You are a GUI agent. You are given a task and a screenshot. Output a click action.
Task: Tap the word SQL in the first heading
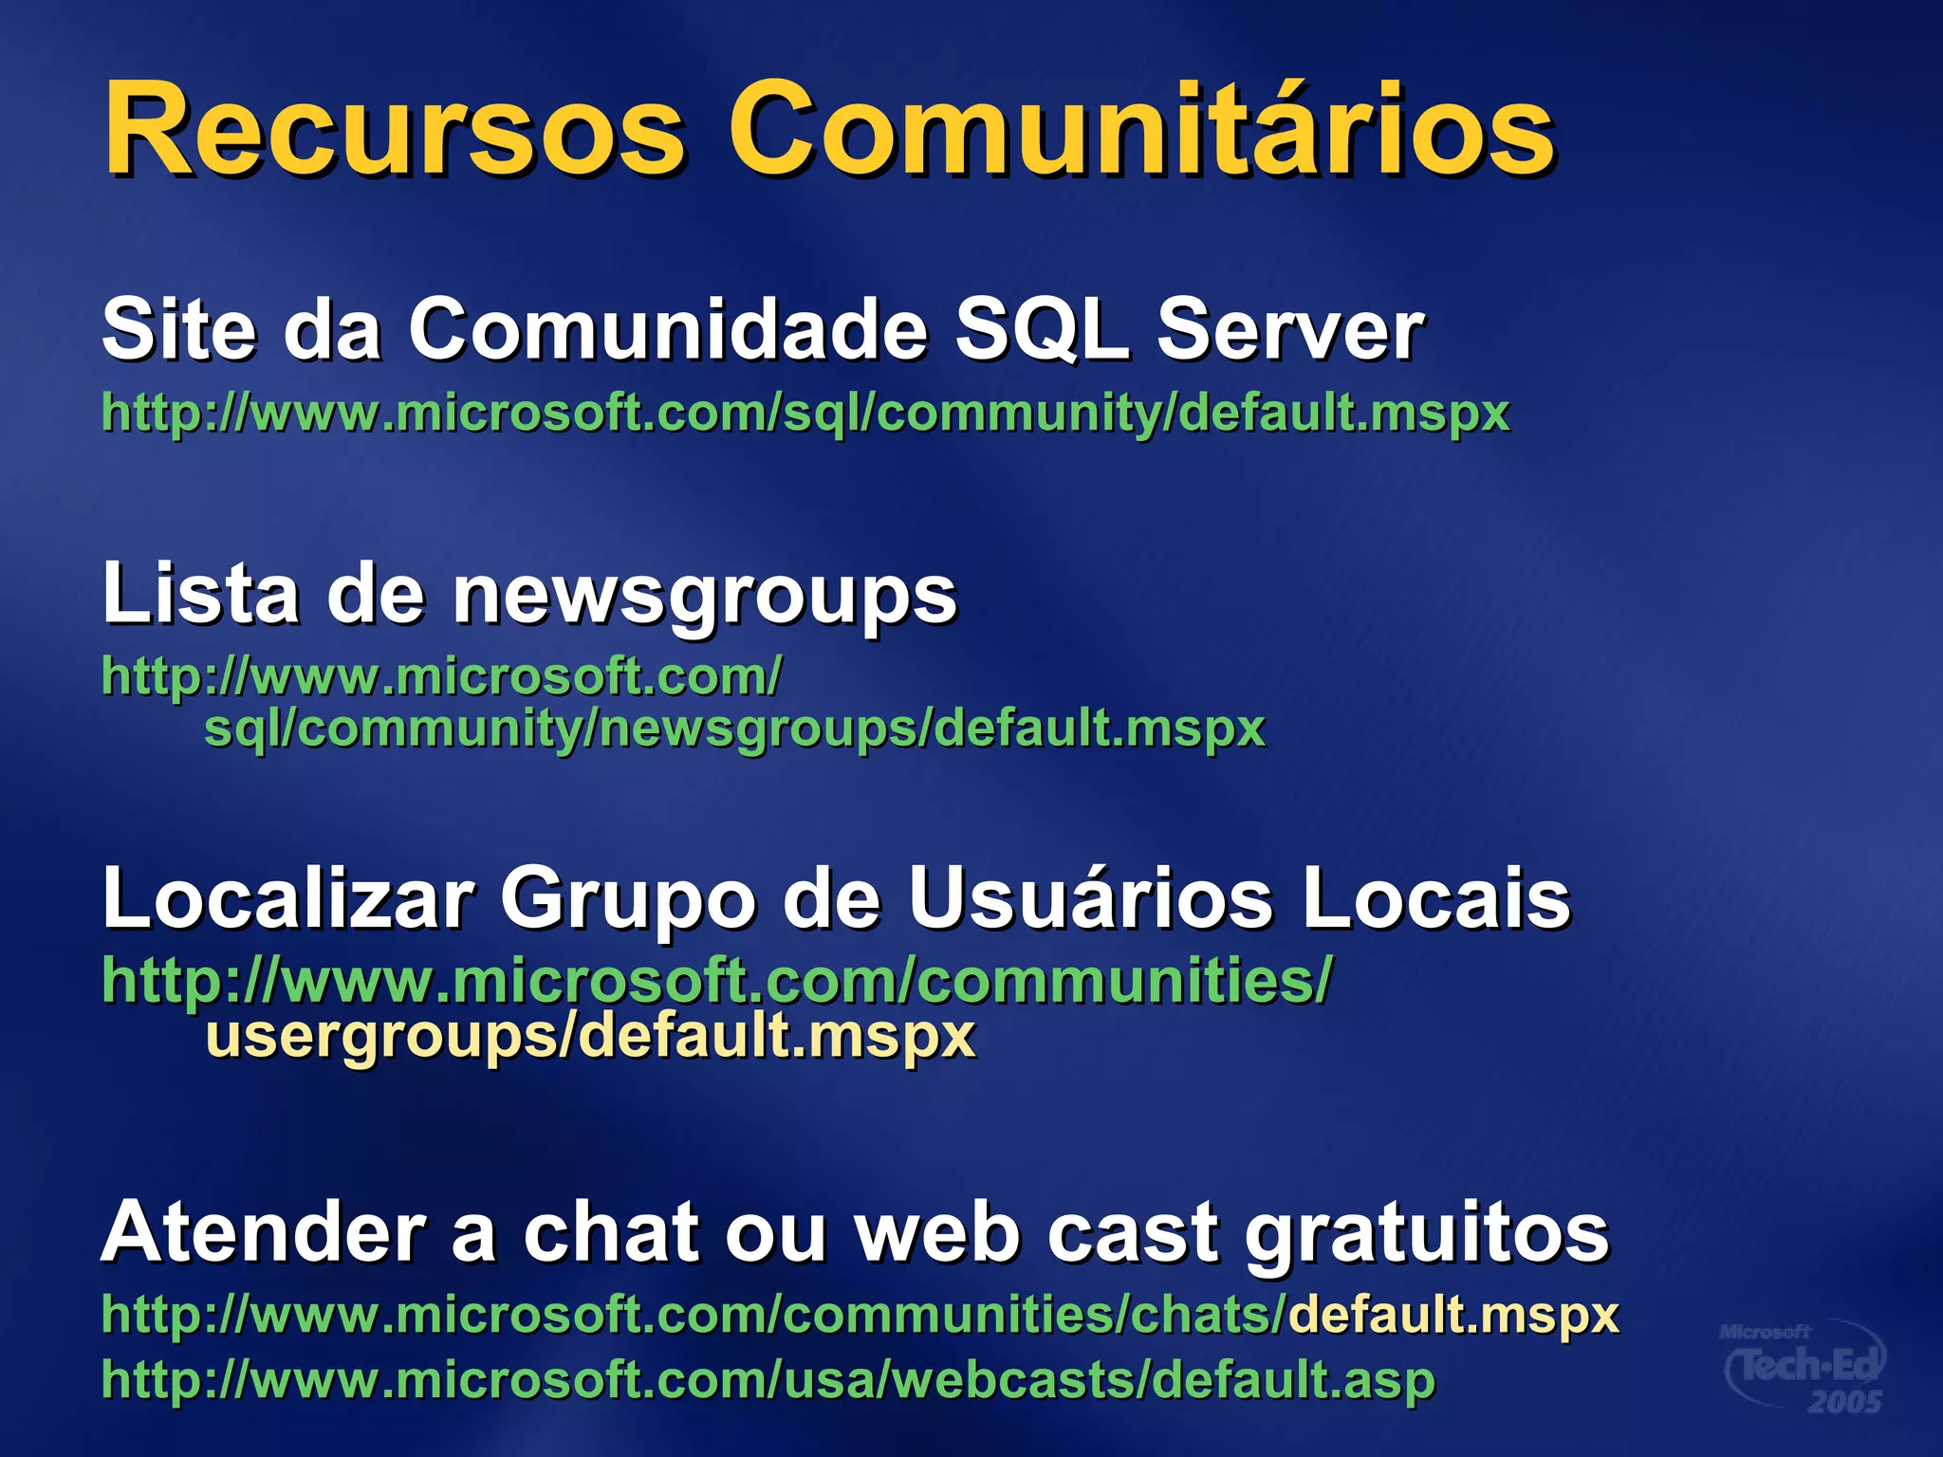1042,329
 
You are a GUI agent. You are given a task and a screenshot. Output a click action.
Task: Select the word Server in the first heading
1290,329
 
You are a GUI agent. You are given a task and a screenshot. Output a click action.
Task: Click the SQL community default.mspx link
805,414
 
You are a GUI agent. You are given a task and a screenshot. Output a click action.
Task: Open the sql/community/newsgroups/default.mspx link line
734,728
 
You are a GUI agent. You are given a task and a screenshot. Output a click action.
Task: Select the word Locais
1436,898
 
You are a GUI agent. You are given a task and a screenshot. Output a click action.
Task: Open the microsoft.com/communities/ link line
717,980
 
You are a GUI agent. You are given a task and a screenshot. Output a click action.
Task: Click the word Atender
264,1232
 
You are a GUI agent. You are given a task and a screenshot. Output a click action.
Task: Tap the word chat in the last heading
612,1232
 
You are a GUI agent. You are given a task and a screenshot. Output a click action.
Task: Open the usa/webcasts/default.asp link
768,1380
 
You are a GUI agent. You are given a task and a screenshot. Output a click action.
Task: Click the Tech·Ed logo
1803,1367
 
